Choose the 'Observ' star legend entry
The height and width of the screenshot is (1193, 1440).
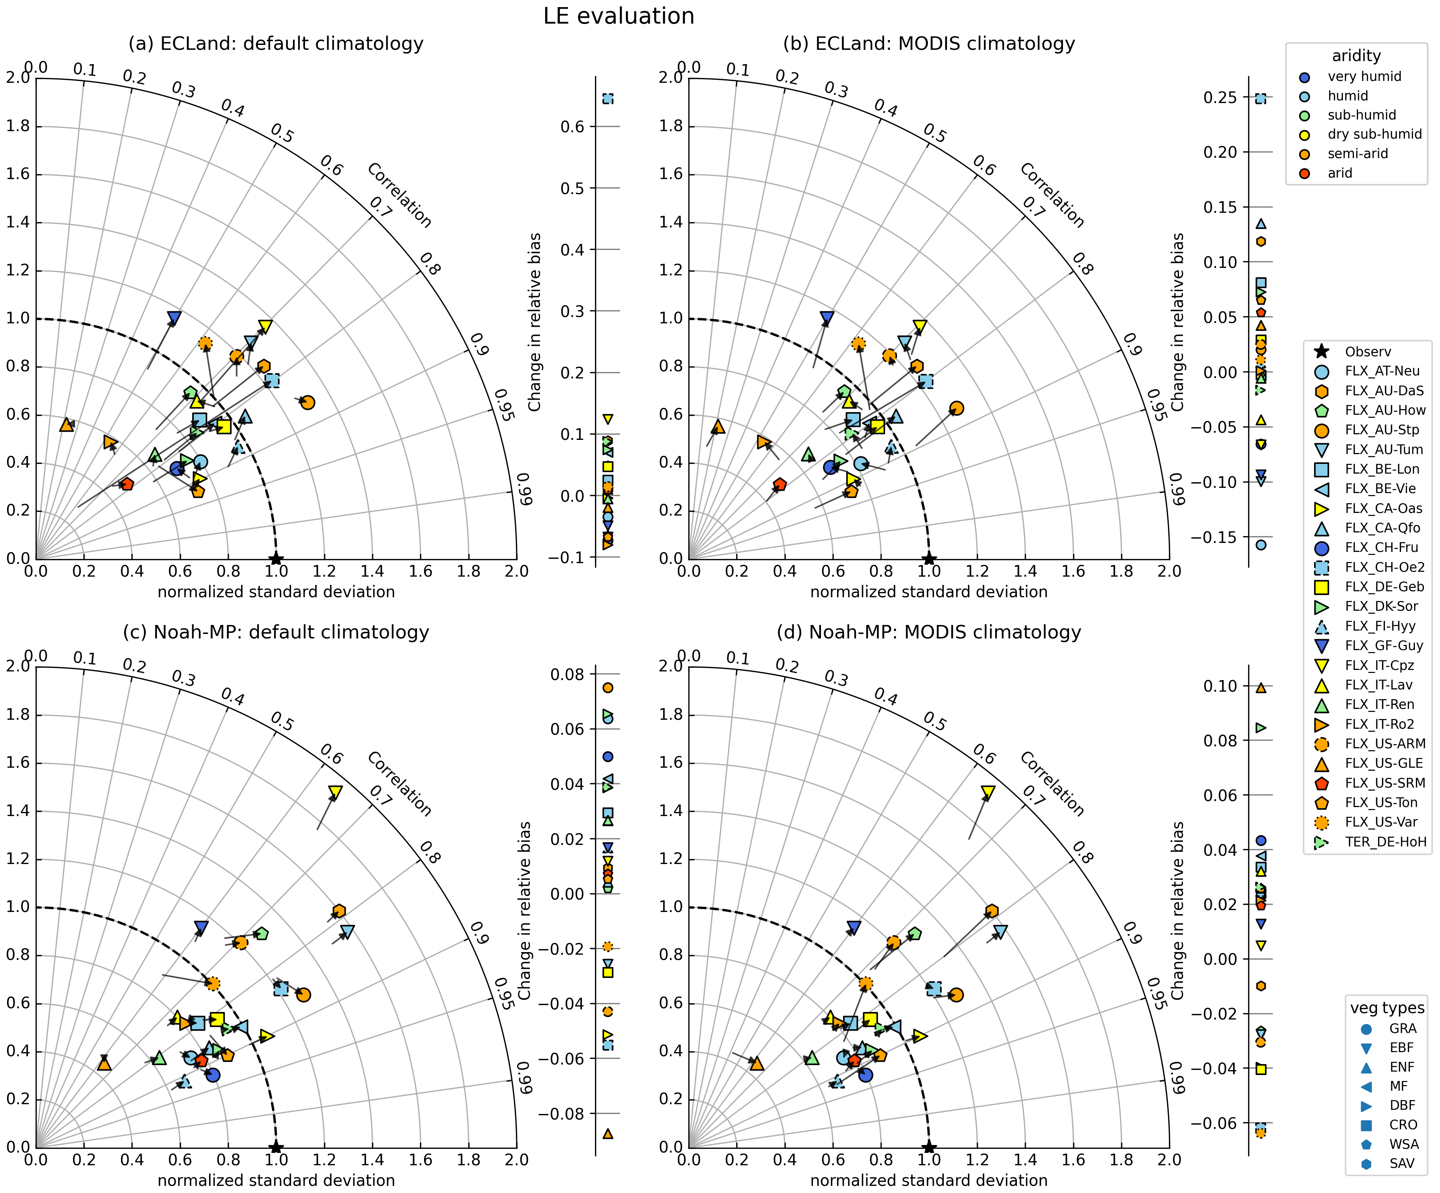tap(1367, 352)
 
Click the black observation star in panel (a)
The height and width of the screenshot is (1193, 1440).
tap(276, 559)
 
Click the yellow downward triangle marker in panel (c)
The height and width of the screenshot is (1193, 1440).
tap(335, 792)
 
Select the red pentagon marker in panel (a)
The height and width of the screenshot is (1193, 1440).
tap(126, 484)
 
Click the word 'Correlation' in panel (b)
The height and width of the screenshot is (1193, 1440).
tap(1051, 196)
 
